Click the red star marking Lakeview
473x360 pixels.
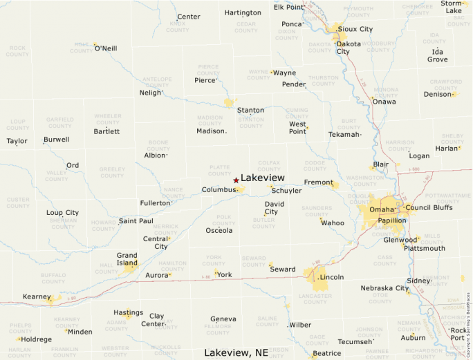tap(236, 180)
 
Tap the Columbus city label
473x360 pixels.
tap(219, 189)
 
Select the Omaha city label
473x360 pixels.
tap(382, 209)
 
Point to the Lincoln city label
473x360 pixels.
tap(332, 277)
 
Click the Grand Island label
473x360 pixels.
tap(127, 259)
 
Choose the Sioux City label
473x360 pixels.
tap(355, 29)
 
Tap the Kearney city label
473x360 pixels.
tap(37, 296)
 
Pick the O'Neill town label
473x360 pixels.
tap(106, 48)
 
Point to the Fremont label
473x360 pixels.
tap(318, 182)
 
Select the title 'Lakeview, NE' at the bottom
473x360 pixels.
tap(236, 352)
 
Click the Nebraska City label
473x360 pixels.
tap(384, 288)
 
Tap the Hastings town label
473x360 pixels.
tap(128, 312)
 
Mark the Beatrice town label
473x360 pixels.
tap(326, 353)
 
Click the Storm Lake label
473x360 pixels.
tap(454, 7)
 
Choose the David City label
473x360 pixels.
tap(275, 208)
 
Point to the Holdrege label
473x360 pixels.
tap(36, 339)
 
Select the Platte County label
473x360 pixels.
tap(219, 170)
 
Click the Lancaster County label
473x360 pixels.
tap(315, 299)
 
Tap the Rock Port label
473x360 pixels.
tap(458, 334)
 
